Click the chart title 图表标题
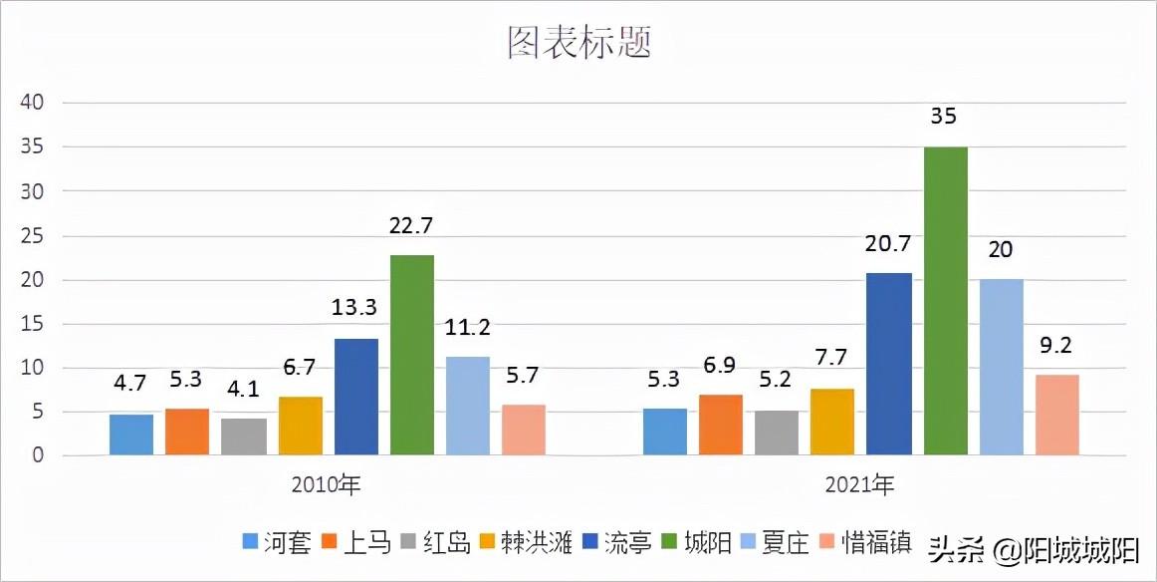click(578, 43)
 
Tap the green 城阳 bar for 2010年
click(411, 355)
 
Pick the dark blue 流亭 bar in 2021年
click(889, 364)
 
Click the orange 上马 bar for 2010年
click(187, 432)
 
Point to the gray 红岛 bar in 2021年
click(777, 433)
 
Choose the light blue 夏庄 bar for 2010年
click(468, 406)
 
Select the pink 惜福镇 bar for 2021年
click(1056, 415)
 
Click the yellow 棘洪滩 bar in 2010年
click(300, 426)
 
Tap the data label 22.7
click(411, 226)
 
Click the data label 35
click(943, 117)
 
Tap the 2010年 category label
click(327, 486)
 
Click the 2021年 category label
click(860, 486)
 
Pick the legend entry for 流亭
click(617, 543)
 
